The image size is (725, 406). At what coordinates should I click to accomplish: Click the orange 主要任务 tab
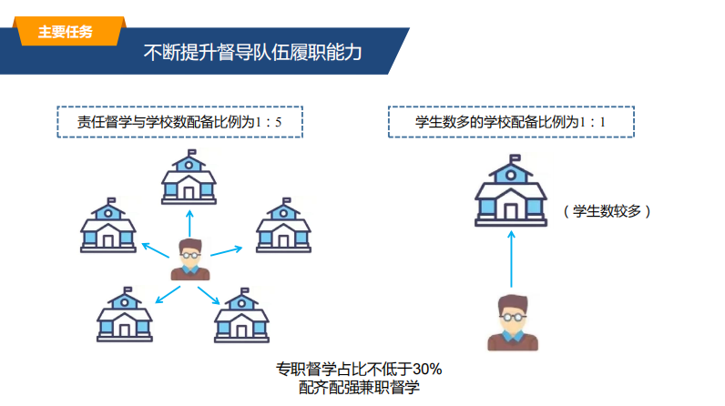click(69, 31)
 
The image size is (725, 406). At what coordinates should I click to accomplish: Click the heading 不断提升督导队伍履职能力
click(252, 52)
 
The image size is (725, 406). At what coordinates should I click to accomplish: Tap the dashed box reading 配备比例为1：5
click(179, 122)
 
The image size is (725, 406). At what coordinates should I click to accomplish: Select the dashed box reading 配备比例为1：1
click(511, 122)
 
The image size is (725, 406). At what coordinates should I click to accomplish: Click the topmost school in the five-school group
click(189, 177)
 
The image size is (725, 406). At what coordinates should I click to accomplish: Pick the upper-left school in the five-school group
click(108, 226)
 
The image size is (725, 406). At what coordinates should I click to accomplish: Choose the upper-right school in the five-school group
click(284, 226)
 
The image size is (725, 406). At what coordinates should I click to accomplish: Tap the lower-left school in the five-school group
click(125, 315)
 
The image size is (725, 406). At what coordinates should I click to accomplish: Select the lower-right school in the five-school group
click(242, 315)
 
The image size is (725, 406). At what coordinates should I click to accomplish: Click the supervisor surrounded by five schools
click(190, 259)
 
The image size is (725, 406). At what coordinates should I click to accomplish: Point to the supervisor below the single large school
click(513, 323)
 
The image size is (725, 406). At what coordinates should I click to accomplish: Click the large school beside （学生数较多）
click(511, 190)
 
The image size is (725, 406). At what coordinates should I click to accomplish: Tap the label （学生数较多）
click(607, 211)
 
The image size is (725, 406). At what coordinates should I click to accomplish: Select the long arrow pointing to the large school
click(511, 259)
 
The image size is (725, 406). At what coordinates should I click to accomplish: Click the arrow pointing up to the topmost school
click(189, 224)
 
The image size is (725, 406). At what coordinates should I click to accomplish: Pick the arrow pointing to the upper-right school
click(227, 251)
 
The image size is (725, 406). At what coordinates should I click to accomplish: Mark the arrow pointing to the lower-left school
click(168, 295)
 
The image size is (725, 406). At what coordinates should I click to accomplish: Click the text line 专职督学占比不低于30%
click(359, 369)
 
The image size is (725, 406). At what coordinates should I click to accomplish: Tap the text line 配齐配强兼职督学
click(359, 387)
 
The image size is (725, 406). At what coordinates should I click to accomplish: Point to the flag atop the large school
click(516, 158)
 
